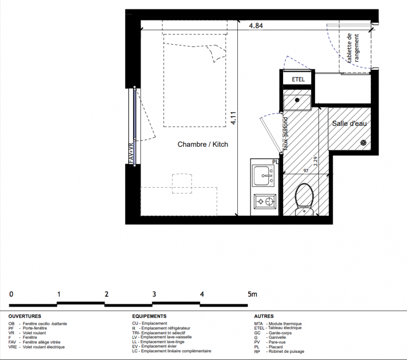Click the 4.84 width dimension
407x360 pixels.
(256, 26)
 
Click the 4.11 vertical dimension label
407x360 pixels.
(233, 118)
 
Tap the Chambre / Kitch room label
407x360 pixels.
(203, 144)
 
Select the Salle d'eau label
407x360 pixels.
(349, 123)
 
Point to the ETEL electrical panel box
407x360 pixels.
(298, 79)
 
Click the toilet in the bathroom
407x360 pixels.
(304, 199)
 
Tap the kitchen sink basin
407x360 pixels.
(262, 175)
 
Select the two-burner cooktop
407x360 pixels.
(265, 201)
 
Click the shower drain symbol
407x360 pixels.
(363, 143)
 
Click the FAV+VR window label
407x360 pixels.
(131, 153)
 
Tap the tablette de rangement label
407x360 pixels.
(353, 48)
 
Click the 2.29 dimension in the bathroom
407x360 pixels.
(316, 162)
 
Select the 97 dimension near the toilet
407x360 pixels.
(306, 171)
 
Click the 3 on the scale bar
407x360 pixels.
(154, 294)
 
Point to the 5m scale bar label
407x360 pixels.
(252, 294)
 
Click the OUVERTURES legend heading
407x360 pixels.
(25, 316)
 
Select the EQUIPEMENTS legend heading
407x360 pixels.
(149, 316)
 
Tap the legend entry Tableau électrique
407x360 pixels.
(285, 328)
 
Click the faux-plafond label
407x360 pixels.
(285, 134)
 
